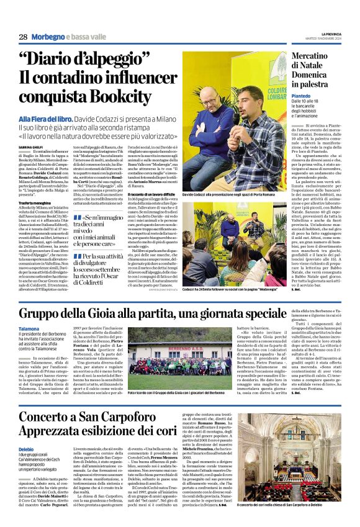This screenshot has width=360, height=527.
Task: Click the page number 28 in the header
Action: [x=23, y=37]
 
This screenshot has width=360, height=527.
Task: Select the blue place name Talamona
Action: [x=30, y=328]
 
